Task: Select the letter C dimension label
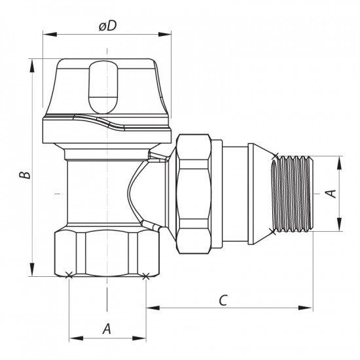(223, 300)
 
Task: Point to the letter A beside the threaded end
(331, 193)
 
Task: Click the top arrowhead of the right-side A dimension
(340, 159)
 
